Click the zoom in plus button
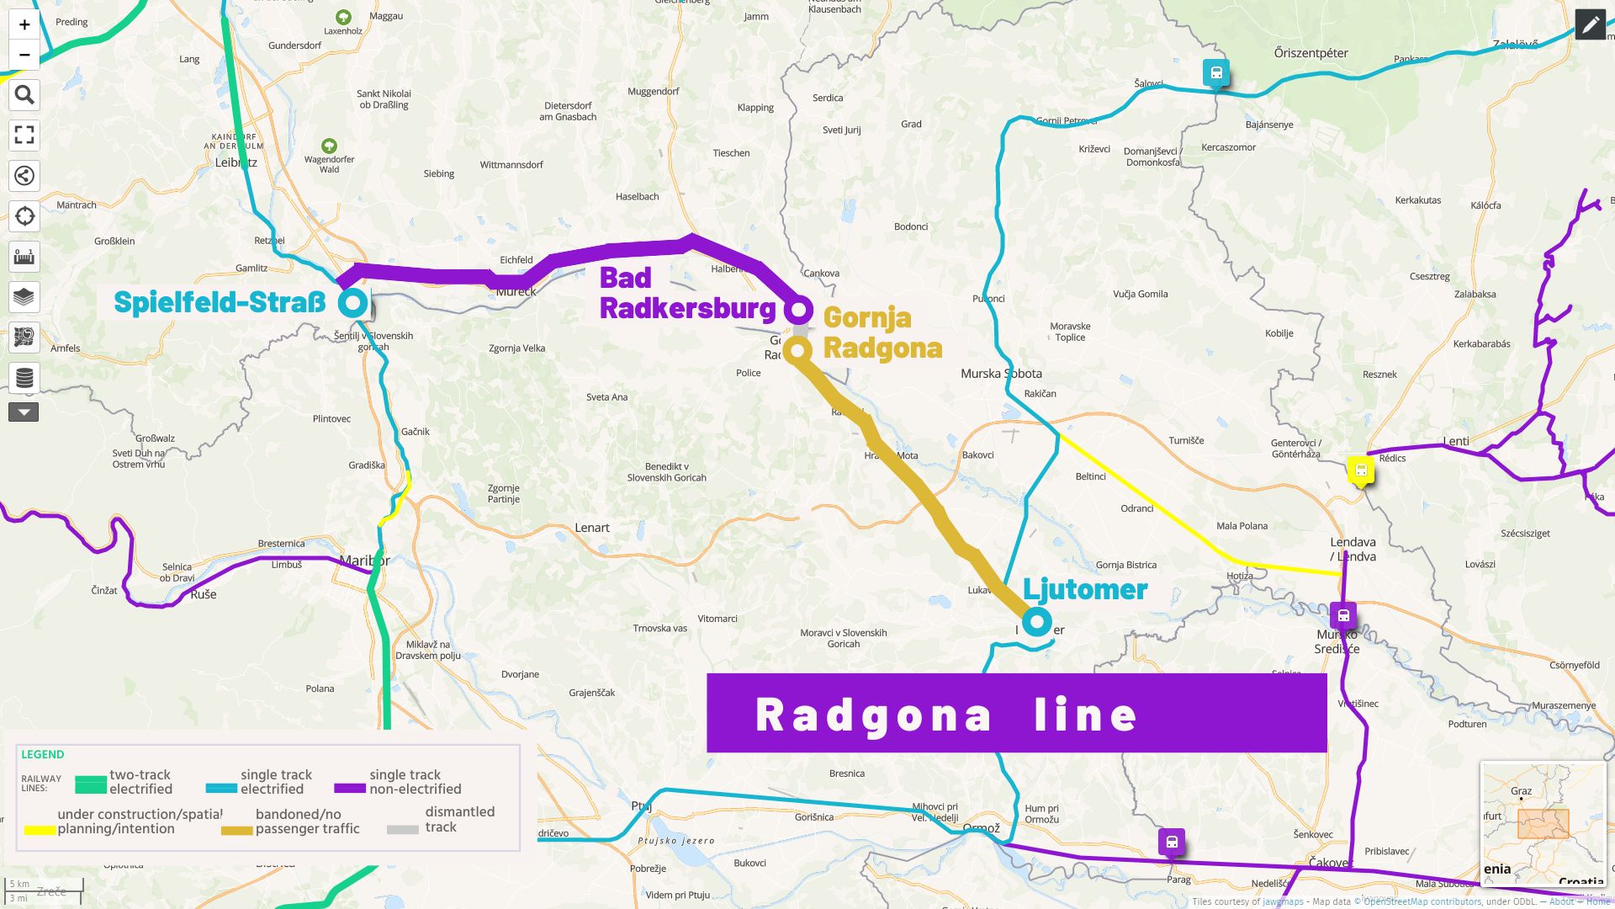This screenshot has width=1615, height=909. pyautogui.click(x=24, y=24)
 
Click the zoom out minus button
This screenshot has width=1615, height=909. pyautogui.click(x=24, y=55)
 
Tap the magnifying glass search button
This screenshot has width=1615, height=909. pyautogui.click(x=24, y=95)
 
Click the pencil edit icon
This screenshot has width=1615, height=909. pyautogui.click(x=1590, y=25)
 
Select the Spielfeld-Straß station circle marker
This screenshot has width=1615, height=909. pyautogui.click(x=353, y=302)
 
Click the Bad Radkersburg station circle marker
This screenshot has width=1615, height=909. pyautogui.click(x=798, y=310)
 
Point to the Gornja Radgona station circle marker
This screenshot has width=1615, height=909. pyautogui.click(x=797, y=349)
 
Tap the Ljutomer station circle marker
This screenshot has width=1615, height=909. pyautogui.click(x=1037, y=622)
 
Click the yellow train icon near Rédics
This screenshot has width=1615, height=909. pyautogui.click(x=1361, y=470)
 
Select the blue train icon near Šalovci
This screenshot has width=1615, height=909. pyautogui.click(x=1216, y=72)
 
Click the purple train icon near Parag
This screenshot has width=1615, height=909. pyautogui.click(x=1172, y=841)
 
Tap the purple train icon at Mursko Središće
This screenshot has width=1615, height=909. pyautogui.click(x=1343, y=615)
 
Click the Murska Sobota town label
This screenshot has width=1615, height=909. pyautogui.click(x=1001, y=374)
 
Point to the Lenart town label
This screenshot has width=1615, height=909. pyautogui.click(x=592, y=528)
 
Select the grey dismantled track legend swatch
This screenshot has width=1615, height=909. pyautogui.click(x=402, y=828)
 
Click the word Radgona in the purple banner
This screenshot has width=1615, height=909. pyautogui.click(x=873, y=715)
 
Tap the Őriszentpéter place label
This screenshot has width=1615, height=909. pyautogui.click(x=1311, y=53)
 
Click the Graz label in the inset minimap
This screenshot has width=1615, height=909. pyautogui.click(x=1521, y=791)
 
